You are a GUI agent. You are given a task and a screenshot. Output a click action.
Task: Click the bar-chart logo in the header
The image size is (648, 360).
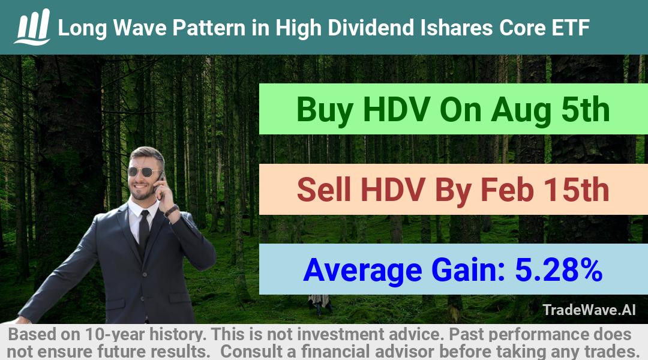[x=32, y=27]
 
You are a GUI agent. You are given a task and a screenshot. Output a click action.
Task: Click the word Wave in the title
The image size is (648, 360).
[x=139, y=28]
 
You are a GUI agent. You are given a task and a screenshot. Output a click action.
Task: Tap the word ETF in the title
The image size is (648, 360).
[x=571, y=28]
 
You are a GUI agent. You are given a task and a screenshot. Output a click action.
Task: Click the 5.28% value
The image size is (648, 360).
[x=559, y=269]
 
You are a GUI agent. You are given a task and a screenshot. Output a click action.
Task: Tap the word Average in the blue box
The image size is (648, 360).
[x=362, y=271]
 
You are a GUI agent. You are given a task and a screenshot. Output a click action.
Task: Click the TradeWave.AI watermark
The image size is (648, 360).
[x=589, y=310]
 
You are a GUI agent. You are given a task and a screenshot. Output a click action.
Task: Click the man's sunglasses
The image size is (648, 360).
[x=145, y=172]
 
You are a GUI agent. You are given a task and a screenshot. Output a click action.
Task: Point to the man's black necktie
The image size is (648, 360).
[x=144, y=232]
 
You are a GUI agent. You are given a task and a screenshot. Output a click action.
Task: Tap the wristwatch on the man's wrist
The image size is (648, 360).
[x=171, y=211]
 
